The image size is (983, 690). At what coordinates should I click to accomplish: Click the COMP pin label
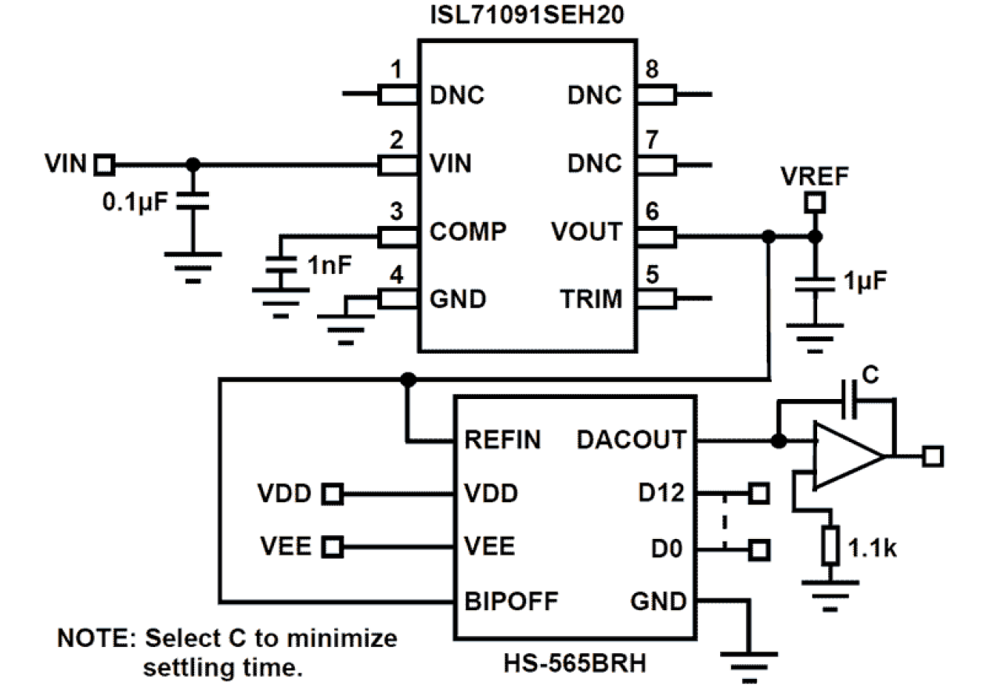tap(468, 232)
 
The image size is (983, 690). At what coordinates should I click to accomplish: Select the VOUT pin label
tap(586, 232)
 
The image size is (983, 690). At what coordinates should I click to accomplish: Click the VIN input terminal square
tap(103, 164)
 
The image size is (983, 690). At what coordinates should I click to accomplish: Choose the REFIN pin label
tap(502, 440)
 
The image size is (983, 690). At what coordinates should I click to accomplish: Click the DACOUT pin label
tap(631, 440)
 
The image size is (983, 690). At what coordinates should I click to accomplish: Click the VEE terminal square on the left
tap(333, 546)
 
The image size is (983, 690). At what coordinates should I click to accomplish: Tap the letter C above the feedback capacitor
tap(871, 376)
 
